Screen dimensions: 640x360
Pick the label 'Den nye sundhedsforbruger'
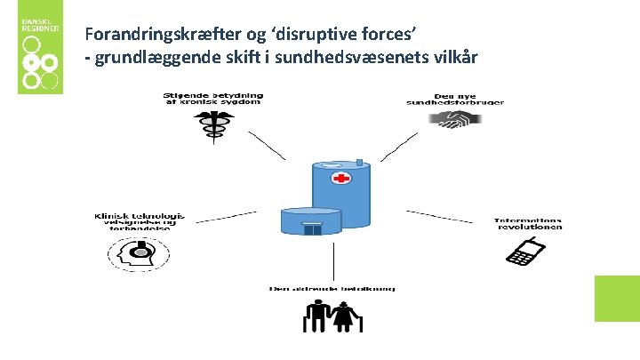click(468, 99)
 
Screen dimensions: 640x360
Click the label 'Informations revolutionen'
click(530, 223)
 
